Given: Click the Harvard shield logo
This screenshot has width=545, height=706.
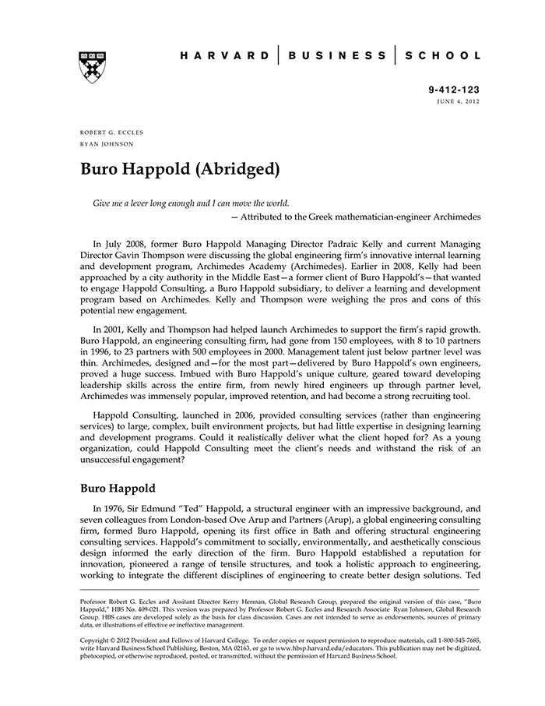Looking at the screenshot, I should pyautogui.click(x=93, y=66).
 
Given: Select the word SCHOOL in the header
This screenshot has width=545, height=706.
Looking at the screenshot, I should pyautogui.click(x=443, y=56).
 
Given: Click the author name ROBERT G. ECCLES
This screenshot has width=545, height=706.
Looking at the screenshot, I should pyautogui.click(x=112, y=132).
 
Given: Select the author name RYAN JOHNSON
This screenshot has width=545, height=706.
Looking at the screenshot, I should pyautogui.click(x=107, y=144).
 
